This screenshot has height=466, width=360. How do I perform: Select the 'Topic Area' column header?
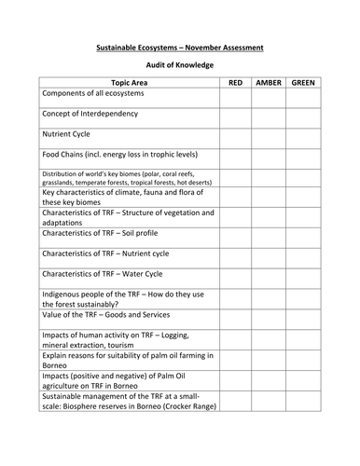128,83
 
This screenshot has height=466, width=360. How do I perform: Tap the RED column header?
235,83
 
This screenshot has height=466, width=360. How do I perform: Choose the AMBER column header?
268,83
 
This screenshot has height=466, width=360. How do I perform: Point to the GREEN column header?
303,83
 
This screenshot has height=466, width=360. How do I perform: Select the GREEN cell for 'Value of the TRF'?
303,321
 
